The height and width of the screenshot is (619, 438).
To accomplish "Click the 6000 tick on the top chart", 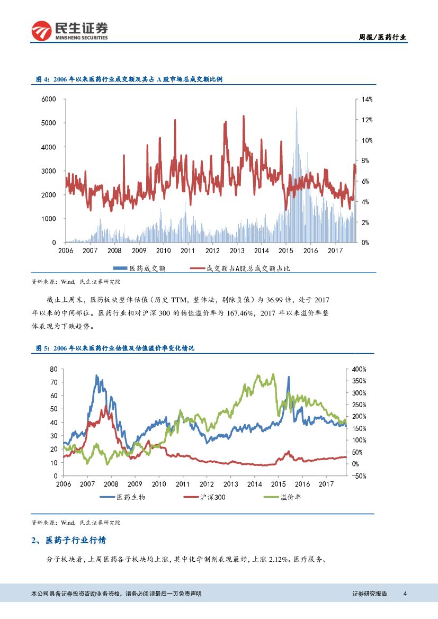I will click(x=49, y=99).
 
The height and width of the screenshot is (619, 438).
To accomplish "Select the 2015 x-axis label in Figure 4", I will click(x=286, y=250).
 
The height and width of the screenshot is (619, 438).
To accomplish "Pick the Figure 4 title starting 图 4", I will click(x=129, y=79).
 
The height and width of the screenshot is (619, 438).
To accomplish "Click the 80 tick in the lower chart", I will click(x=53, y=369).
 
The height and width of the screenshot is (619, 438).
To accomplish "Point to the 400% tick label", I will click(x=359, y=369).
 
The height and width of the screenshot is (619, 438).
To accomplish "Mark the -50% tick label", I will click(x=359, y=476).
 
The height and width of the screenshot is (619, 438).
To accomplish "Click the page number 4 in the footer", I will click(x=405, y=594).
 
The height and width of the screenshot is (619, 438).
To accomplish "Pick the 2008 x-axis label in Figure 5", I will click(x=111, y=484).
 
